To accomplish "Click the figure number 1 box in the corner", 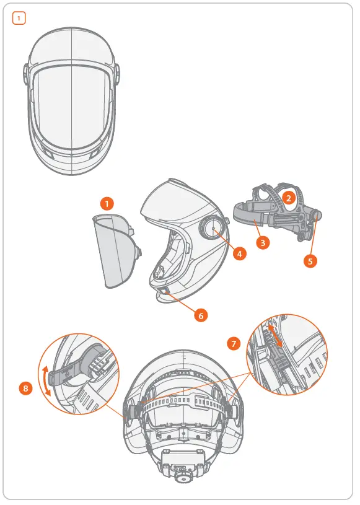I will pyautogui.click(x=20, y=19).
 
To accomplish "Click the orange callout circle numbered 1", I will pyautogui.click(x=107, y=203).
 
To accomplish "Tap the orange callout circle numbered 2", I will pyautogui.click(x=288, y=198).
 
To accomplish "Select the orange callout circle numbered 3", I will pyautogui.click(x=263, y=243).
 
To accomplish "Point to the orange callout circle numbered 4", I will pyautogui.click(x=239, y=253).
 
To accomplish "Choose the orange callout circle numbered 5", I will pyautogui.click(x=310, y=261).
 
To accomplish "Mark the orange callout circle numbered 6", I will pyautogui.click(x=200, y=315).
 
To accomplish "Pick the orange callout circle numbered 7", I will pyautogui.click(x=234, y=343).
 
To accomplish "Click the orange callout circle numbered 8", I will pyautogui.click(x=25, y=389).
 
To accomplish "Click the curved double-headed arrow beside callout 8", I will pyautogui.click(x=43, y=380).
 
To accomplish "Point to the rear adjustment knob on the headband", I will pyautogui.click(x=316, y=217).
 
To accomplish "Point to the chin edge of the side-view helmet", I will pyautogui.click(x=162, y=297).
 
